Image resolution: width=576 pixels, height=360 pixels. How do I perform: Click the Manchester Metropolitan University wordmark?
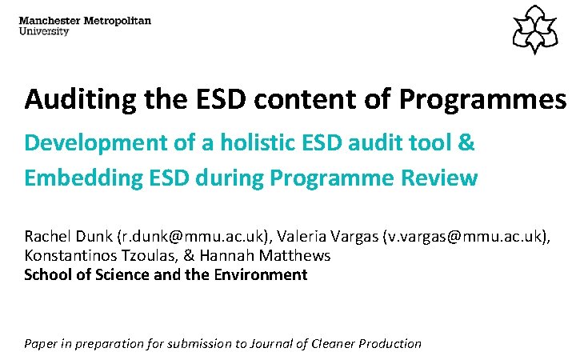coord(84,26)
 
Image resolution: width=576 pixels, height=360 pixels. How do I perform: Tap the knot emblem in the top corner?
coord(535,30)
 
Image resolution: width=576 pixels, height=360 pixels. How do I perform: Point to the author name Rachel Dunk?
coord(68,237)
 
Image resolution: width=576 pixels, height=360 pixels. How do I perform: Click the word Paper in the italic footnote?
coord(41,344)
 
